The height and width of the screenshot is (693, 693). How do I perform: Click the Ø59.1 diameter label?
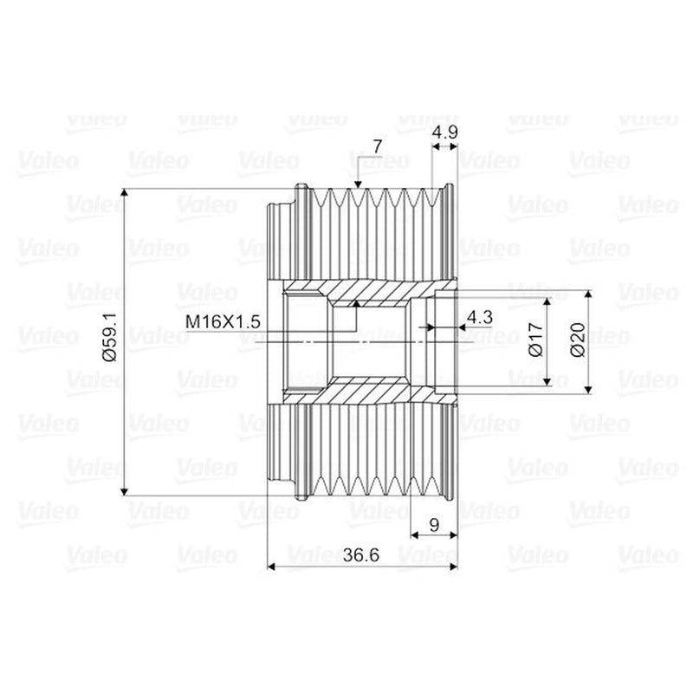coord(111,337)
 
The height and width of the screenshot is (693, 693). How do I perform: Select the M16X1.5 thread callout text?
coord(223,321)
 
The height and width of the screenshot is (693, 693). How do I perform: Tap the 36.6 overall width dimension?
coord(361,555)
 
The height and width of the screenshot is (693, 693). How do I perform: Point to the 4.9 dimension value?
coord(444,132)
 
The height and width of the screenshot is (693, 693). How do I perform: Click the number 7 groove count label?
coord(377,146)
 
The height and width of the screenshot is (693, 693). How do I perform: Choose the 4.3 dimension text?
coord(480,317)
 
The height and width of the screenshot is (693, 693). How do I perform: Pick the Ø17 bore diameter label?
coord(536,340)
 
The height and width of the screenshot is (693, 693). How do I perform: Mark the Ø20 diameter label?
coord(578,340)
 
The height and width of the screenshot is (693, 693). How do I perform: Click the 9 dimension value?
coord(435,525)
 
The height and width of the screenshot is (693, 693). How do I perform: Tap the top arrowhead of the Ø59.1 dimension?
coord(125,193)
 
